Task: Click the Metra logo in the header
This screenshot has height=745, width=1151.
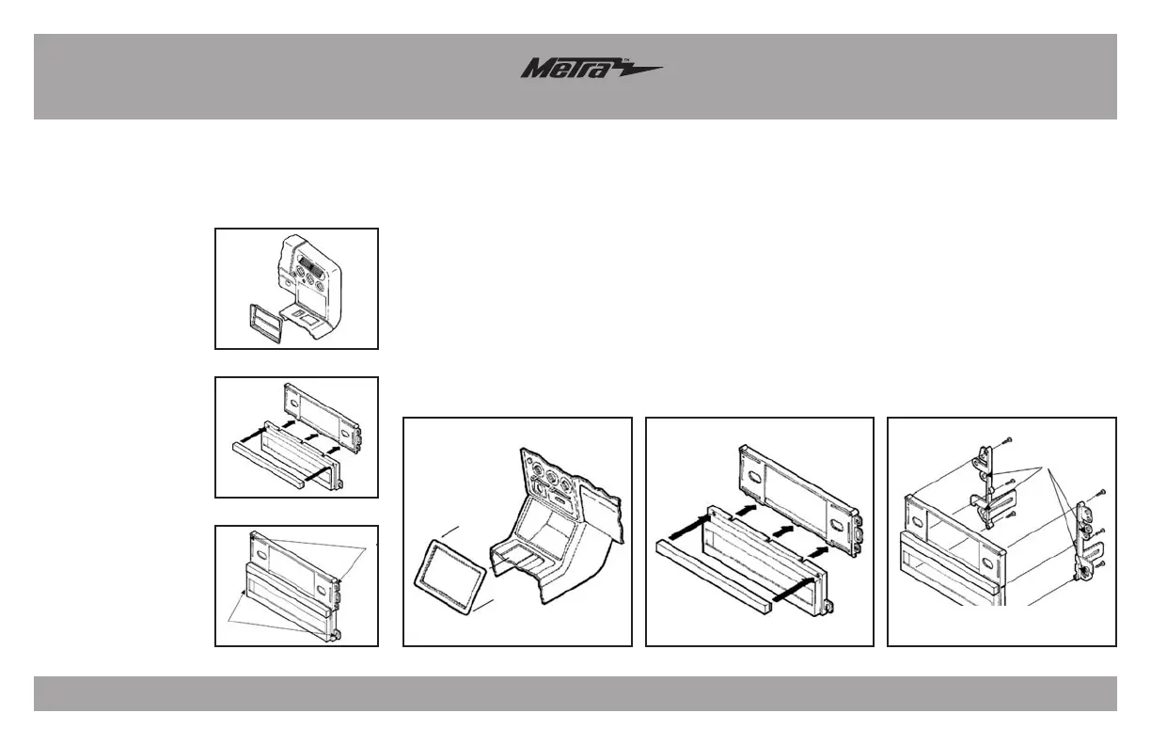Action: point(591,70)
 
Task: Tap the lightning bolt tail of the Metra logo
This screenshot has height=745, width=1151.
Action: point(639,70)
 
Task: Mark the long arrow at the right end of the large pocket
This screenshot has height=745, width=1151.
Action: point(790,591)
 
